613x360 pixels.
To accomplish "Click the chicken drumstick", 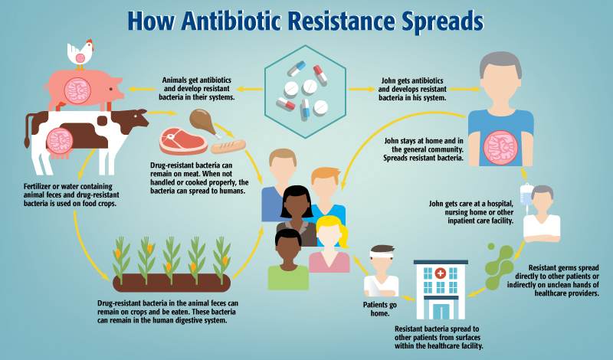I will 201,122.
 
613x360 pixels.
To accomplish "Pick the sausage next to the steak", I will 228,145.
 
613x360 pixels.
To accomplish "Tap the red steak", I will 183,142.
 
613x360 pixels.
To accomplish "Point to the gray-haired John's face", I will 500,80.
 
